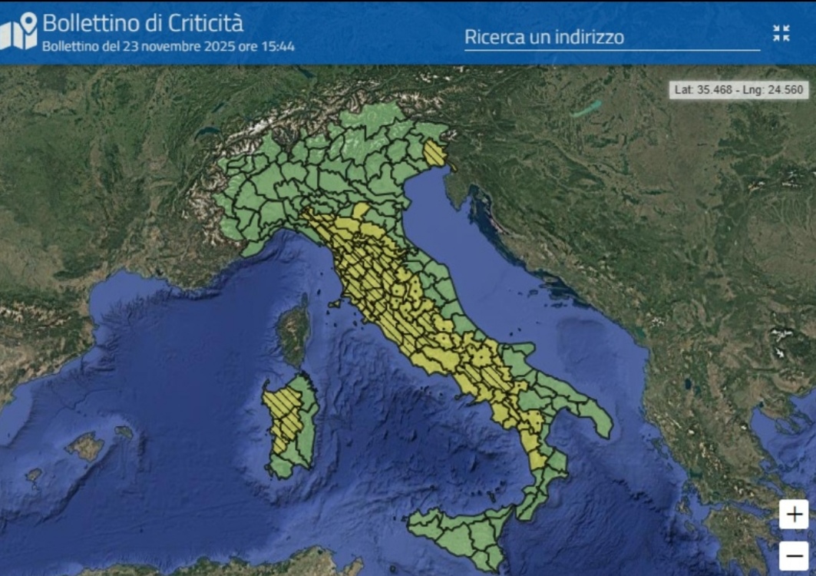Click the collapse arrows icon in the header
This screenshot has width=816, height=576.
coord(781,33)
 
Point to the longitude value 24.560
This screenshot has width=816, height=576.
coord(784,89)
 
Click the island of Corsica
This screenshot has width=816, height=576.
coord(293,333)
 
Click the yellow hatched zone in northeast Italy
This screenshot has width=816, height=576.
coord(435,153)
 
